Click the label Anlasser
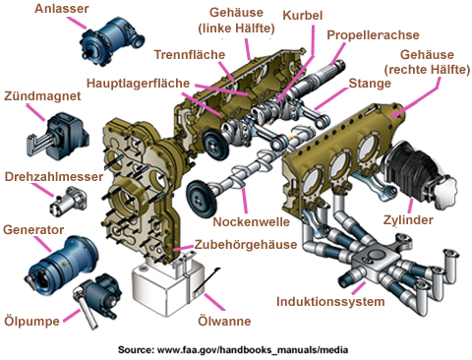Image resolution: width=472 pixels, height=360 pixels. (62, 9)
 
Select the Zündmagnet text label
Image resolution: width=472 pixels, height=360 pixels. (42, 96)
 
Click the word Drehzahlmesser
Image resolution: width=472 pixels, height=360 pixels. (54, 176)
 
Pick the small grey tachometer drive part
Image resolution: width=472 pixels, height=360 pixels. (68, 202)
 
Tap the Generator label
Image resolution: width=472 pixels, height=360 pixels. (33, 230)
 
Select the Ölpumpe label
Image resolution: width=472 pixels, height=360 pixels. (31, 321)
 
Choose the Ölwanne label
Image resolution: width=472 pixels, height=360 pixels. (224, 321)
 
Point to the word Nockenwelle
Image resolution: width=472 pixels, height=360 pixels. (252, 222)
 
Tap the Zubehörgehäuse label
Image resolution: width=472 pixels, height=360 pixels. (246, 245)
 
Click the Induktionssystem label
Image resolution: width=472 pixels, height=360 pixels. (330, 302)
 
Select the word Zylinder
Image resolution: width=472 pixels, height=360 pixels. (408, 220)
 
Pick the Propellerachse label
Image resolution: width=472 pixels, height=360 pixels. (373, 35)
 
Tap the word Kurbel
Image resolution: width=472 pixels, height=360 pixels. (303, 16)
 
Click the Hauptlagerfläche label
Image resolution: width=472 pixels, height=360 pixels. (138, 84)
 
